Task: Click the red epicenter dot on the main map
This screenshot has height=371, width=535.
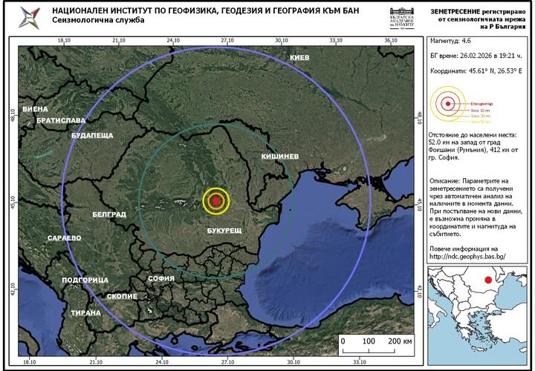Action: (x=215, y=200)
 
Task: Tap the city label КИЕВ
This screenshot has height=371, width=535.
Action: (x=299, y=58)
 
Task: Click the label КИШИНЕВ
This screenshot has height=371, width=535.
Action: (x=279, y=157)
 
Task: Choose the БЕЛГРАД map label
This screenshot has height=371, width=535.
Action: (x=108, y=214)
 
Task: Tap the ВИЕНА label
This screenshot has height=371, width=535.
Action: (x=35, y=109)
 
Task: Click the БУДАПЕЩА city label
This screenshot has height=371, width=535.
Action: (x=92, y=136)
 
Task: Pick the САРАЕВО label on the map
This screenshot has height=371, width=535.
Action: (x=64, y=238)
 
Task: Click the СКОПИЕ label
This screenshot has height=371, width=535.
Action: (x=122, y=296)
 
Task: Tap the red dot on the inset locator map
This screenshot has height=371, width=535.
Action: (x=487, y=280)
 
